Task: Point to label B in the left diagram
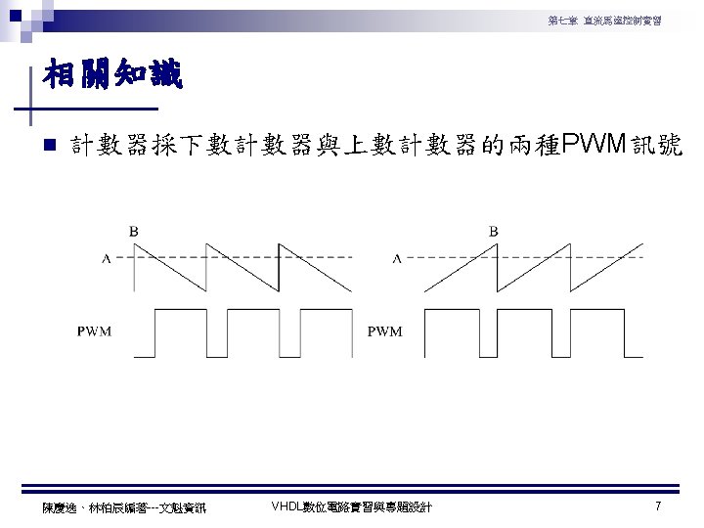click(133, 231)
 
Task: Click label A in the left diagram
click(106, 259)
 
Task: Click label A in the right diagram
click(396, 259)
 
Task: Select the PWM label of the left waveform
click(94, 330)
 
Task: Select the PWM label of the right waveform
click(384, 330)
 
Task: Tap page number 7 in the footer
click(658, 506)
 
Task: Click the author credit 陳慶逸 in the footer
click(59, 506)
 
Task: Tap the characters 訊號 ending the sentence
click(659, 147)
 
